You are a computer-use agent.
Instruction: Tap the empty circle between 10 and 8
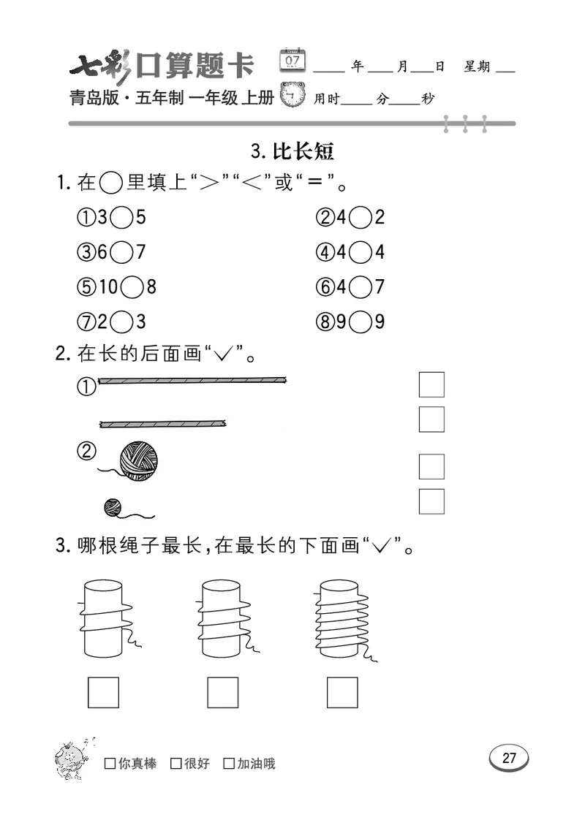tap(132, 287)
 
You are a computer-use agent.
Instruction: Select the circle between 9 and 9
tap(360, 322)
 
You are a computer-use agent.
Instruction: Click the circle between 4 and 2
tap(360, 217)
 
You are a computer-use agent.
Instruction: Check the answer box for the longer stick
tap(431, 384)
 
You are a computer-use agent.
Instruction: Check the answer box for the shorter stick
tap(431, 419)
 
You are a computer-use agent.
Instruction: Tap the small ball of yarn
tap(113, 506)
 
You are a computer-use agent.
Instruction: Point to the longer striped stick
tap(192, 380)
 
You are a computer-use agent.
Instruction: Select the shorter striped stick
tap(162, 423)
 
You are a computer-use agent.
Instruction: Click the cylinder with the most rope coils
tap(342, 618)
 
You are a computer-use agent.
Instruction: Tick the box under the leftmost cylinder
tap(103, 692)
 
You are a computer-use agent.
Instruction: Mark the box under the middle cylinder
tap(222, 692)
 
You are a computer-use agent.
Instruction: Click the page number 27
tap(509, 758)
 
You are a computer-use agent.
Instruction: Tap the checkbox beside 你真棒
tap(110, 764)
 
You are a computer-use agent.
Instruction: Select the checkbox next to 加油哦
tap(229, 764)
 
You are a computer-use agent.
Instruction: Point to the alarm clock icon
tap(293, 96)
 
